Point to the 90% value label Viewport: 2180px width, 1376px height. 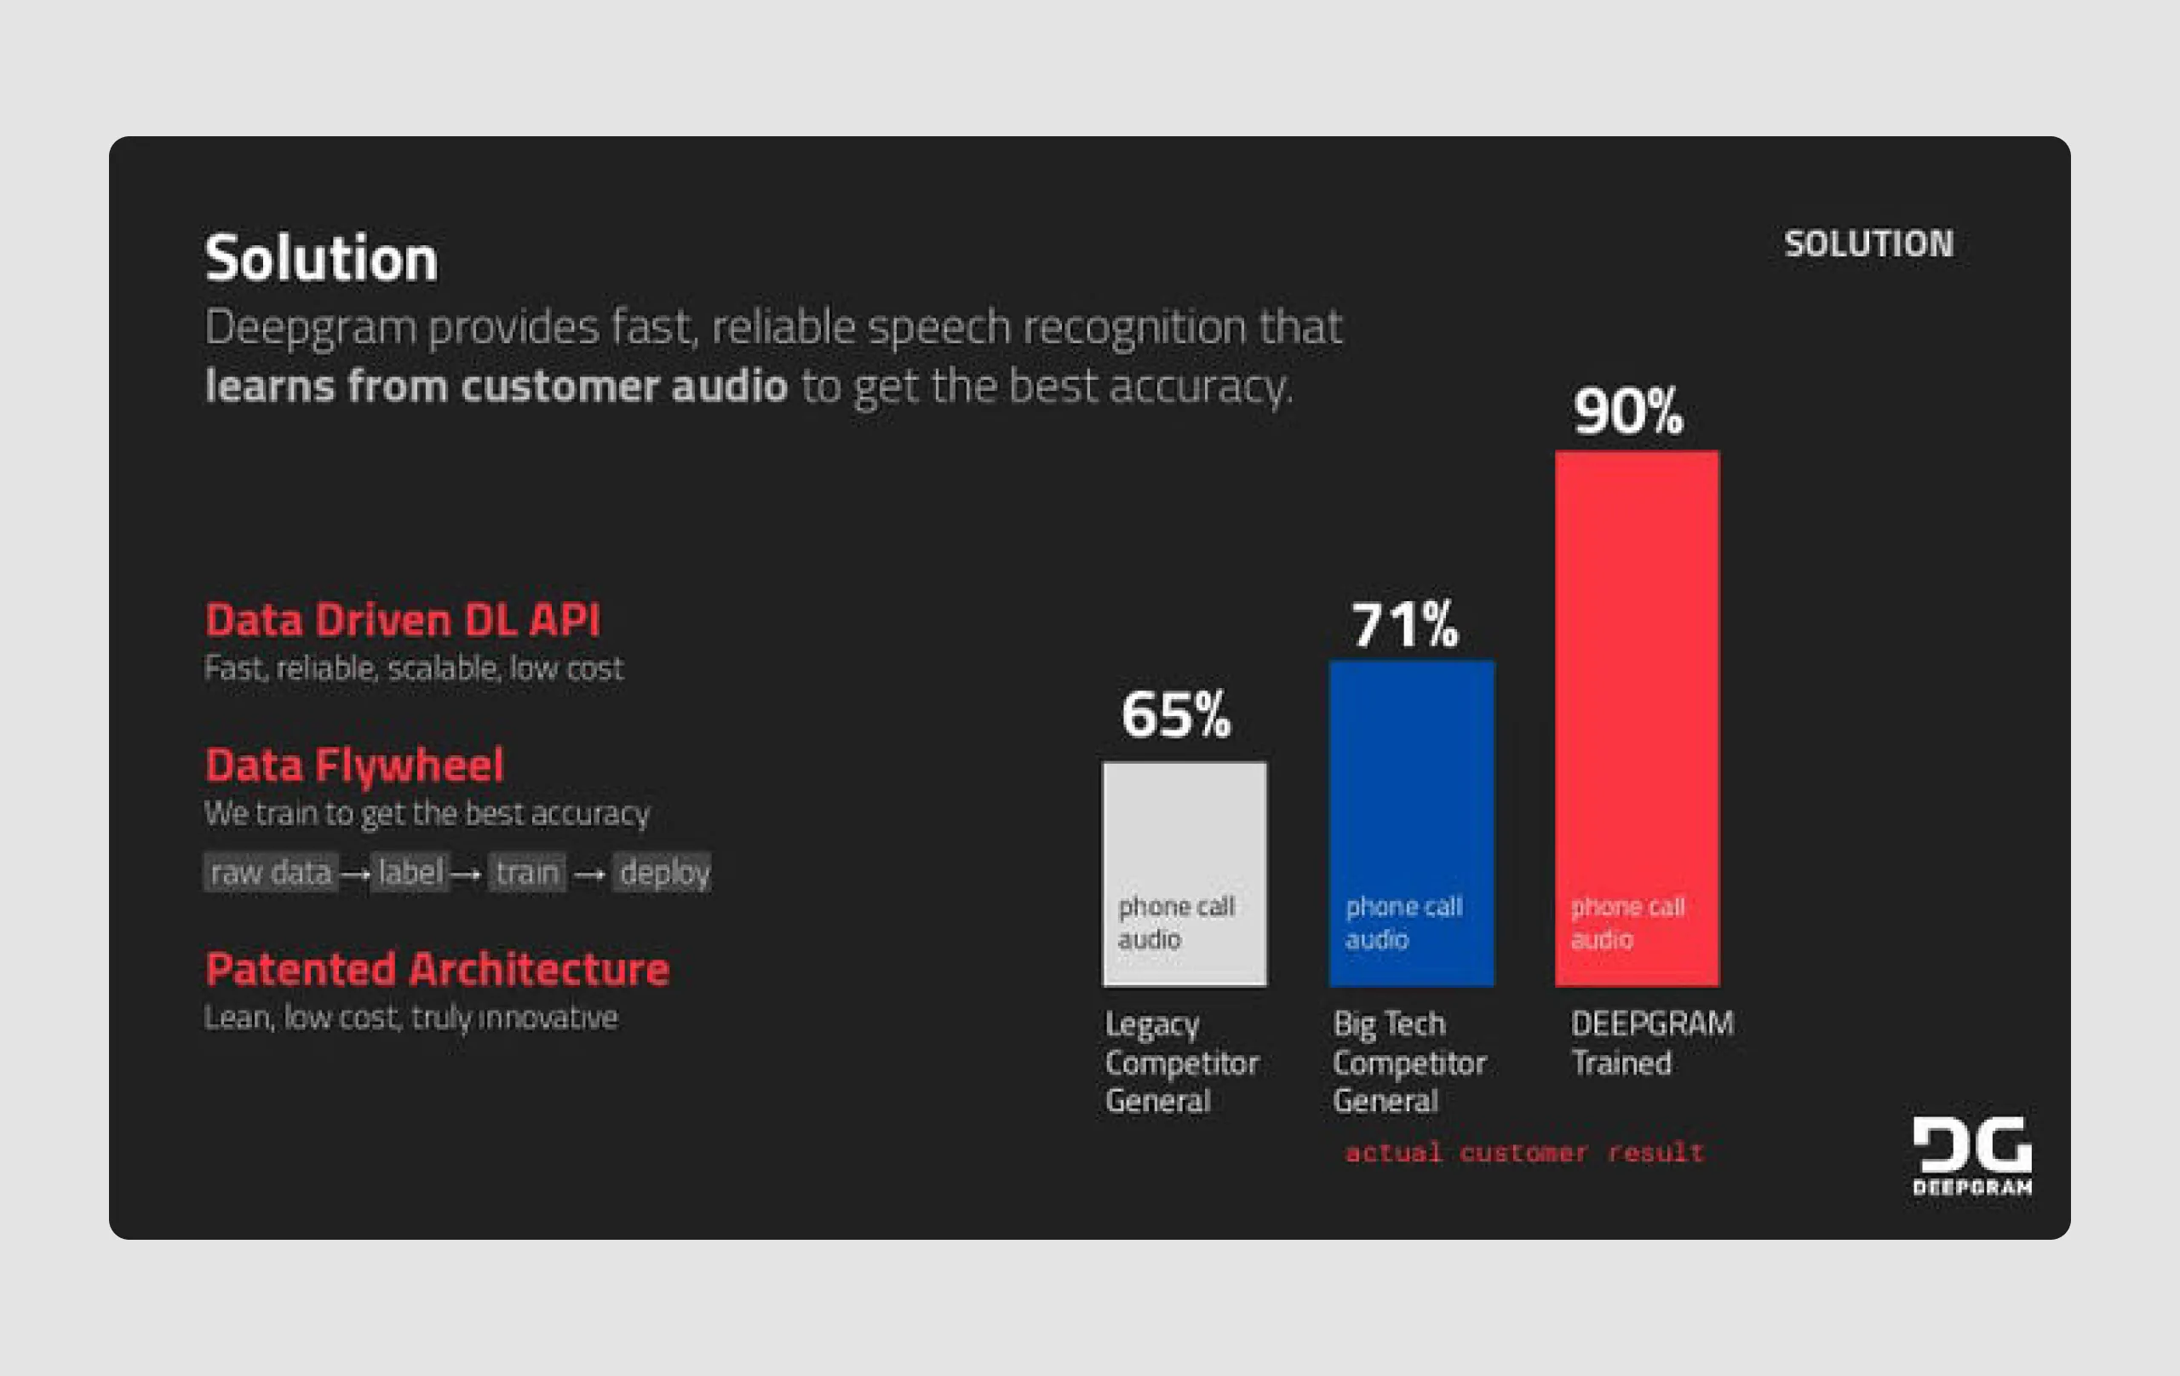tap(1627, 412)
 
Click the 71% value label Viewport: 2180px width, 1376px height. tap(1404, 625)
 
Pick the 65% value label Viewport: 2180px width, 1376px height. tap(1176, 715)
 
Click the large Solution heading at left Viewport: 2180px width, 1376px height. tap(321, 259)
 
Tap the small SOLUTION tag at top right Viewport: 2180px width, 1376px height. tap(1868, 244)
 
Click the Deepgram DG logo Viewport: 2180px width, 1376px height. tap(1971, 1155)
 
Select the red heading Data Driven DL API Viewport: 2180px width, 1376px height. tap(402, 621)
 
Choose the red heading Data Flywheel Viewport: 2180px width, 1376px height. tap(354, 765)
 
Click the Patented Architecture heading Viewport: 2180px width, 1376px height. tap(437, 970)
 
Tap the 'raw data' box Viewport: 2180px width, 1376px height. tap(271, 873)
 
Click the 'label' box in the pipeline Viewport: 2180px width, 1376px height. tap(410, 873)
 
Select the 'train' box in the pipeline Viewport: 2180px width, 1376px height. tap(527, 873)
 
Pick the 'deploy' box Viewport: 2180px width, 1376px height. tap(663, 873)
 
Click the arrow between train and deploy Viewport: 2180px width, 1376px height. tap(589, 874)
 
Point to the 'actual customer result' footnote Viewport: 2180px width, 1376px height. tap(1523, 1152)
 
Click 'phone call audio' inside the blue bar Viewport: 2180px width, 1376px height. tap(1403, 922)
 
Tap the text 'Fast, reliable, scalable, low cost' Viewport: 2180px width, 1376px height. tap(414, 669)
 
